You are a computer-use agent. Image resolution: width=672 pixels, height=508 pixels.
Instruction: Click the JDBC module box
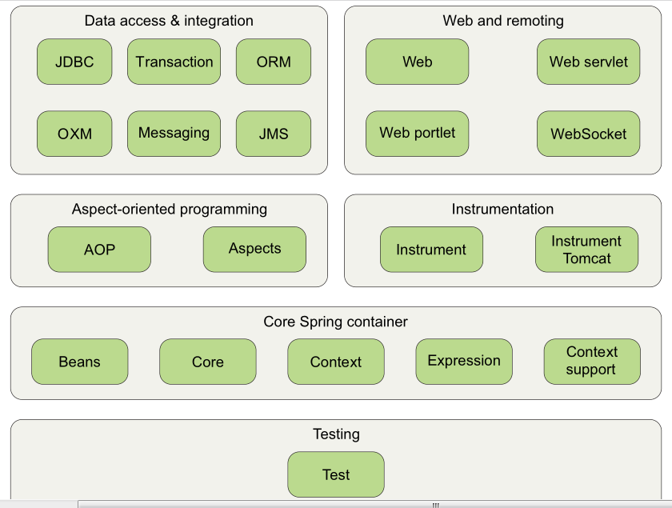tap(74, 62)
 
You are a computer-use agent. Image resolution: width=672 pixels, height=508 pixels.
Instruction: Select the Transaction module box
tap(174, 62)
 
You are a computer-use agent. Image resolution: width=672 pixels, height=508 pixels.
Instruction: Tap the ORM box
tap(274, 62)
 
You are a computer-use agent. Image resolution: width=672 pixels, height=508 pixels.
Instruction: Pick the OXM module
tap(74, 134)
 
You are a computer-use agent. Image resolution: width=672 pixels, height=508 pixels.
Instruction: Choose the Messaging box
tap(174, 134)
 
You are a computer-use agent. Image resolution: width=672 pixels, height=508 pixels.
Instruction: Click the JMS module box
tap(274, 134)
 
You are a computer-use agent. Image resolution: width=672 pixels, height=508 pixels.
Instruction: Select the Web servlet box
tap(589, 62)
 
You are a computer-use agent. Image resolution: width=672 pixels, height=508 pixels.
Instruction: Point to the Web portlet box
tap(418, 134)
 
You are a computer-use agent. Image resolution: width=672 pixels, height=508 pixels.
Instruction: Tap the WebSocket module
tap(589, 134)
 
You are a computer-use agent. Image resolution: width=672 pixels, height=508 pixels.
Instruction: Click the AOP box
tap(99, 250)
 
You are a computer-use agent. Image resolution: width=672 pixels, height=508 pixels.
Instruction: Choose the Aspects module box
tap(254, 250)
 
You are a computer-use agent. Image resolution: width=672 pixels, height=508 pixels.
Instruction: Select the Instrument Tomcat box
tap(586, 250)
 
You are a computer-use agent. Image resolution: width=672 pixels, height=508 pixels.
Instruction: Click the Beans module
tap(80, 362)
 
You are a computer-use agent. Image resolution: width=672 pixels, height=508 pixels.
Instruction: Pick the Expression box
tap(464, 362)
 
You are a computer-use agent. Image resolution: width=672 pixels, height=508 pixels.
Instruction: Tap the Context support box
tap(592, 362)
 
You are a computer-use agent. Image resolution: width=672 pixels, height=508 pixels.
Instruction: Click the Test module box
tap(336, 474)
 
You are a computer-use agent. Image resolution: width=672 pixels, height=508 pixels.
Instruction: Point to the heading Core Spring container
tap(335, 322)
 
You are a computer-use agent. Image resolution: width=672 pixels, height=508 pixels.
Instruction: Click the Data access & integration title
tap(169, 21)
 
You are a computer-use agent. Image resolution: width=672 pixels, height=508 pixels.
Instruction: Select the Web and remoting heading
tap(503, 21)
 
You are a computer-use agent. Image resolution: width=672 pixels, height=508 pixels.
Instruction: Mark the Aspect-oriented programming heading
tap(170, 210)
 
